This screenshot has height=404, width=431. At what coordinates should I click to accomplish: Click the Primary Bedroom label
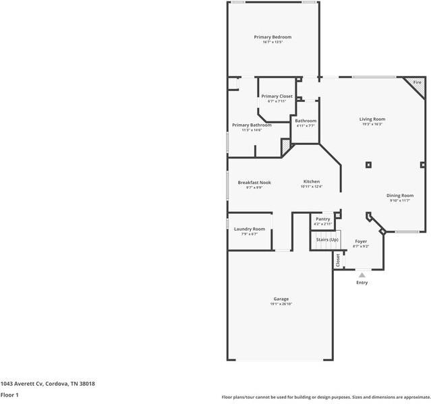pyautogui.click(x=272, y=36)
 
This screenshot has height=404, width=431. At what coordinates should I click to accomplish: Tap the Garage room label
pyautogui.click(x=281, y=299)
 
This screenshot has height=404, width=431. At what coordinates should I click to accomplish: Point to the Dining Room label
pyautogui.click(x=399, y=196)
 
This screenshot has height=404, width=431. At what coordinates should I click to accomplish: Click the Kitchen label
pyautogui.click(x=311, y=181)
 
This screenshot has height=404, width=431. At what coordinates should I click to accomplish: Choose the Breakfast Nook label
pyautogui.click(x=254, y=182)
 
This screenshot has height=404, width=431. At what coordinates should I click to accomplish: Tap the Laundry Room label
pyautogui.click(x=249, y=229)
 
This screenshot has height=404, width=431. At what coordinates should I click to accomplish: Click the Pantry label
pyautogui.click(x=322, y=219)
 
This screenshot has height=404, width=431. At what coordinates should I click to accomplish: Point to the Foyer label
pyautogui.click(x=361, y=241)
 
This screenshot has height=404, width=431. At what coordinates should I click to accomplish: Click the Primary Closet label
pyautogui.click(x=277, y=96)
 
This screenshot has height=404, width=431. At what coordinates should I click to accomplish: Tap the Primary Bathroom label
pyautogui.click(x=252, y=125)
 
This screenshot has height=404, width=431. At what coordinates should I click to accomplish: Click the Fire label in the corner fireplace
pyautogui.click(x=417, y=82)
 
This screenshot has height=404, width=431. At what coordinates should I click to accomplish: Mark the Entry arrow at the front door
pyautogui.click(x=362, y=275)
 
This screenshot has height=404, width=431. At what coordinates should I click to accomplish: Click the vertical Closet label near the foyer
pyautogui.click(x=338, y=260)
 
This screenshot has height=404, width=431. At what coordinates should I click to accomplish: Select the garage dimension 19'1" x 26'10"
pyautogui.click(x=281, y=304)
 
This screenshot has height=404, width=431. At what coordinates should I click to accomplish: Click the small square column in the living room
pyautogui.click(x=368, y=164)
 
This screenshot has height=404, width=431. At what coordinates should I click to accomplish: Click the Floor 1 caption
pyautogui.click(x=9, y=395)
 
